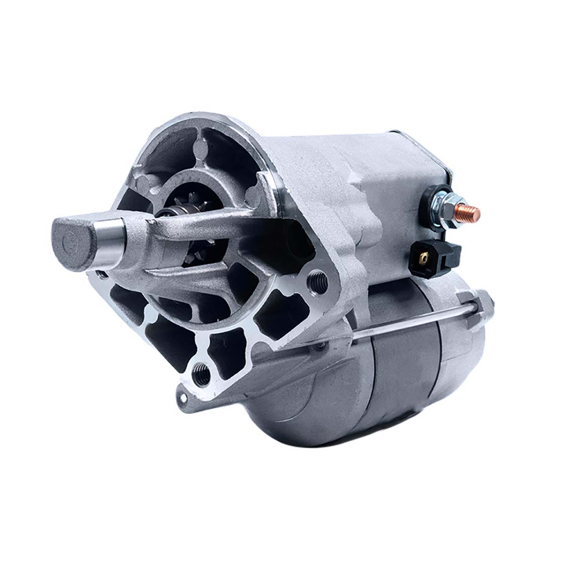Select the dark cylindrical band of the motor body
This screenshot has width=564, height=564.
coord(404,371)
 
